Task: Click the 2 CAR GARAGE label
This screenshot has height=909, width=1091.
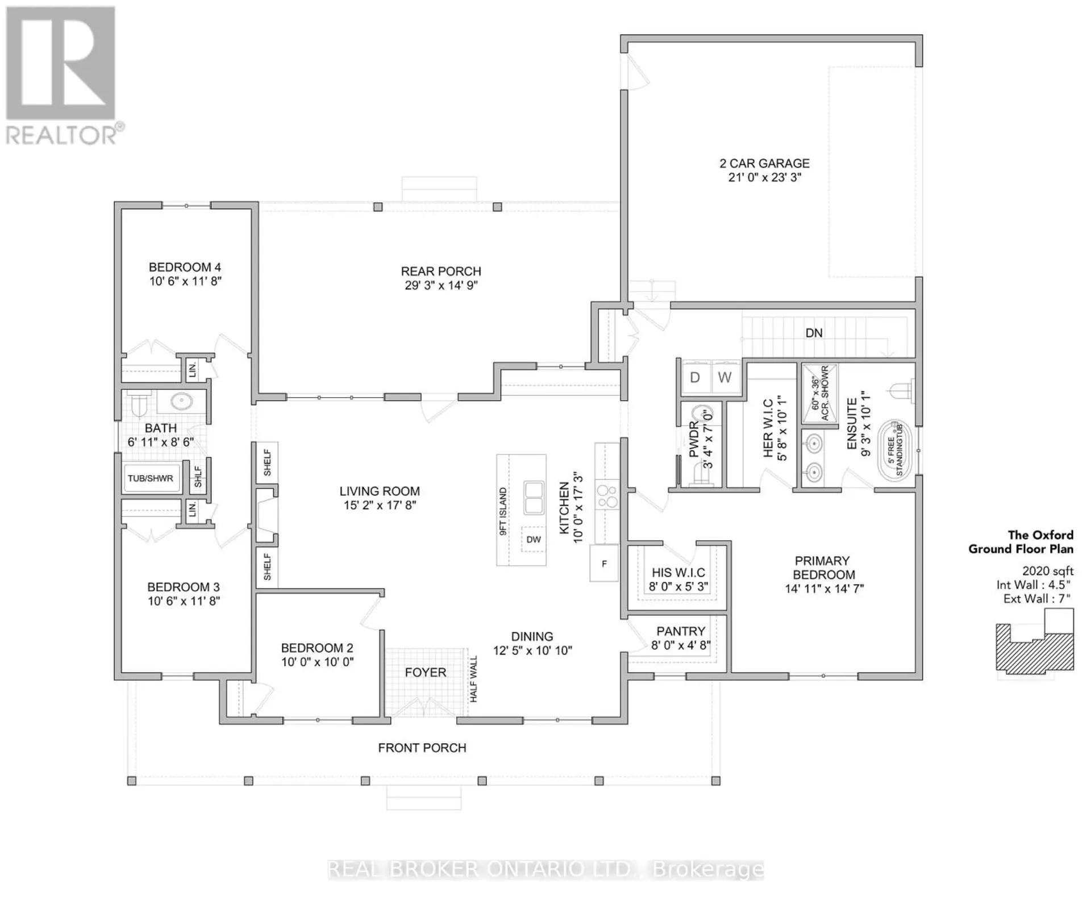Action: pyautogui.click(x=764, y=164)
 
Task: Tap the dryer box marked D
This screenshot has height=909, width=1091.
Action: pyautogui.click(x=695, y=377)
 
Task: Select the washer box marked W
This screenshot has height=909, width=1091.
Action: pyautogui.click(x=726, y=377)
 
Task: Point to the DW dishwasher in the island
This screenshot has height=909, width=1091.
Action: pyautogui.click(x=534, y=539)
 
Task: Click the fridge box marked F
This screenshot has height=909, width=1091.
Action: pyautogui.click(x=604, y=563)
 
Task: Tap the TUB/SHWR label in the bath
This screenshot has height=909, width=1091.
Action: pyautogui.click(x=151, y=478)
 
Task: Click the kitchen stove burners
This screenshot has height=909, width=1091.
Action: pyautogui.click(x=607, y=496)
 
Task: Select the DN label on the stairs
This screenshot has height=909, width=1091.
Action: pyautogui.click(x=814, y=333)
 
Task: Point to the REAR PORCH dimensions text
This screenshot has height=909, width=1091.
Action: pyautogui.click(x=442, y=285)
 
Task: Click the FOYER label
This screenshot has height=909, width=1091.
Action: pyautogui.click(x=426, y=673)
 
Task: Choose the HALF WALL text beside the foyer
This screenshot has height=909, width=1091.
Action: pyautogui.click(x=474, y=679)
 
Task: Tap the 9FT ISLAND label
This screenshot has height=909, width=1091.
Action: pyautogui.click(x=503, y=511)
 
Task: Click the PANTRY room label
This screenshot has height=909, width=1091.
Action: pyautogui.click(x=681, y=631)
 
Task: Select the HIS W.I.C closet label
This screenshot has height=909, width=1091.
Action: pyautogui.click(x=678, y=573)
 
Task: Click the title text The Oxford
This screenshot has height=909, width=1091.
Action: pyautogui.click(x=1040, y=535)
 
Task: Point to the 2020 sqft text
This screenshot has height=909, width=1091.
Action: pyautogui.click(x=1048, y=571)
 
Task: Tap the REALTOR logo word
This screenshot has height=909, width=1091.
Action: pyautogui.click(x=61, y=136)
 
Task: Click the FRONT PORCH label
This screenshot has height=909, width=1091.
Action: pyautogui.click(x=422, y=748)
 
